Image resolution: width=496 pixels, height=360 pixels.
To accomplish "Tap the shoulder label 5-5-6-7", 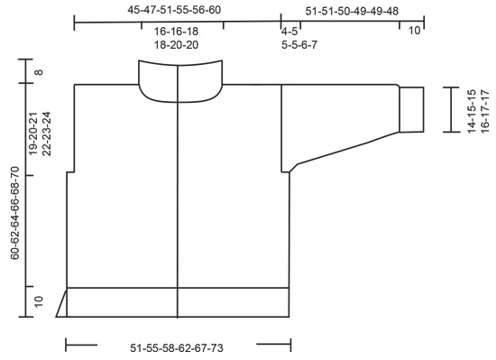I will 299,43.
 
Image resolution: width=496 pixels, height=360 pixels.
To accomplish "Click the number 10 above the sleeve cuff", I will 414,31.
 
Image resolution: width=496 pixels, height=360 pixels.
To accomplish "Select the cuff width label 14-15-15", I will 471,110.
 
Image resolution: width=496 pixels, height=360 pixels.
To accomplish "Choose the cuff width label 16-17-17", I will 484,110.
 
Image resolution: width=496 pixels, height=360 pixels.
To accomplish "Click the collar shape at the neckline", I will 180,78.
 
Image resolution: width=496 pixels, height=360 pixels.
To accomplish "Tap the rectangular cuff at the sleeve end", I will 411,109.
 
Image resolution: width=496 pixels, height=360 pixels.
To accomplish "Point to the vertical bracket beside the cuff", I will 448,109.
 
